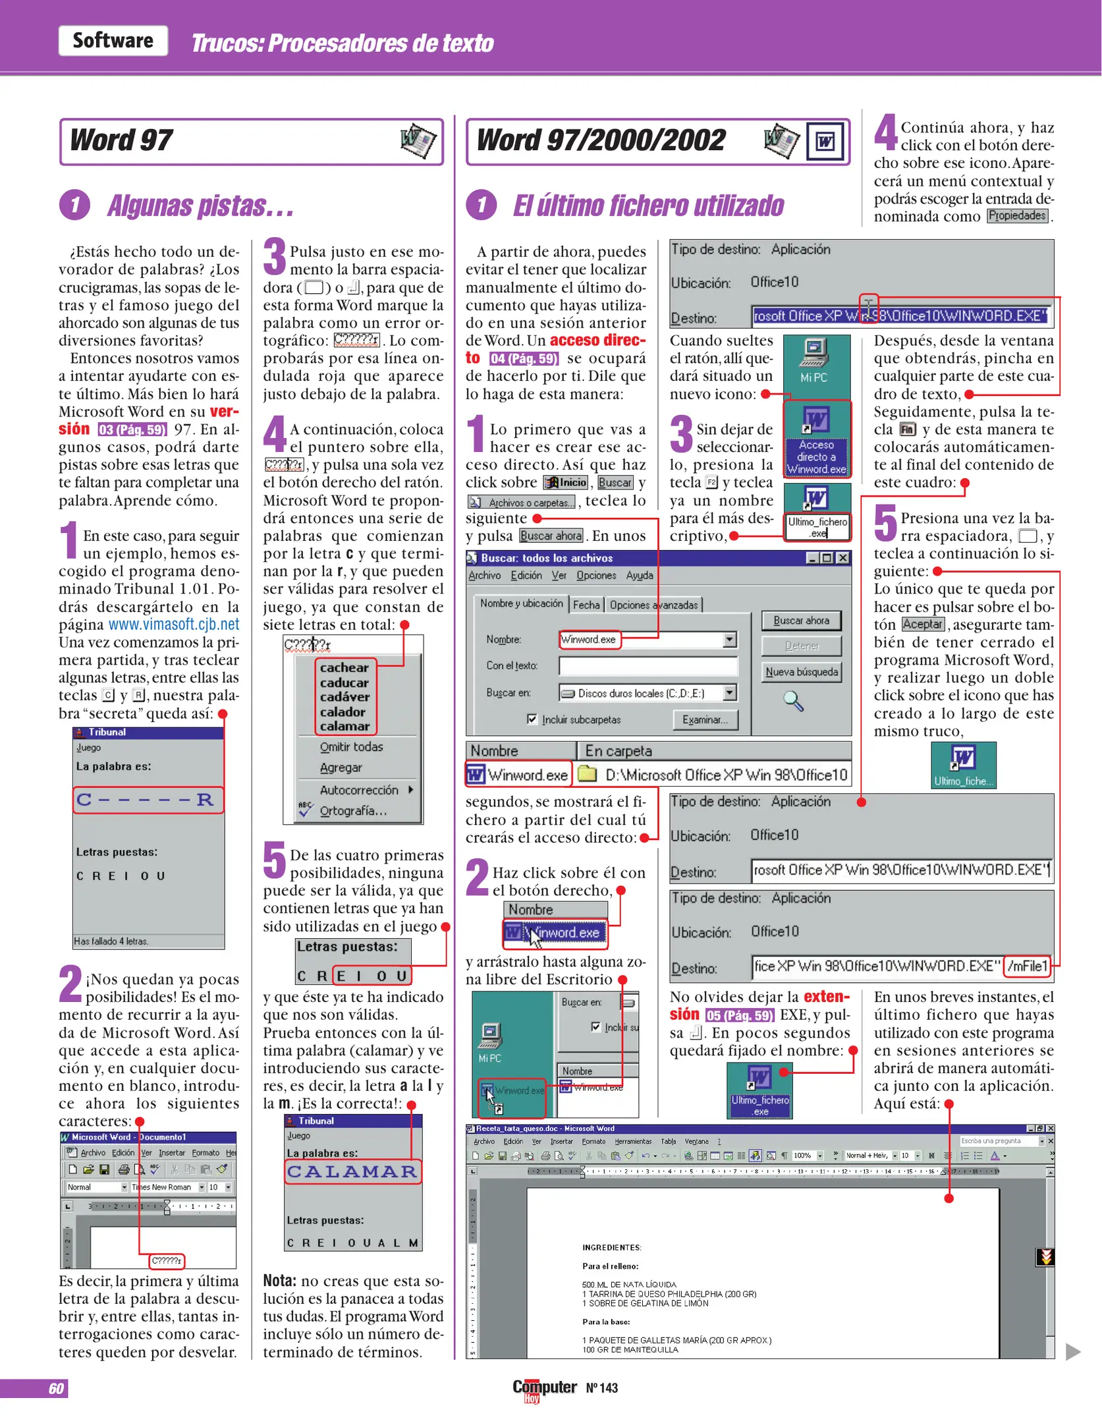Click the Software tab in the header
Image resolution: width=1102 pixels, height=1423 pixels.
click(113, 41)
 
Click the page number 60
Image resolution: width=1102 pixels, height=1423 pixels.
click(56, 1388)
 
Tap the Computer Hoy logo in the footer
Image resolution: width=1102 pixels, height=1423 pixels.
click(544, 1389)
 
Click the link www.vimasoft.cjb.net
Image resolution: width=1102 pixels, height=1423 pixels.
click(173, 625)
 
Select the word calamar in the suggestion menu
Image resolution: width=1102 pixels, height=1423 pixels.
click(344, 726)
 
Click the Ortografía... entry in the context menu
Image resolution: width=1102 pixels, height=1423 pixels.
click(352, 811)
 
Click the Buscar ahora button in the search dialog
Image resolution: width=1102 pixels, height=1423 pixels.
click(801, 621)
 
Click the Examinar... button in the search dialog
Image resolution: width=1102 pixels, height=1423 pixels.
click(705, 720)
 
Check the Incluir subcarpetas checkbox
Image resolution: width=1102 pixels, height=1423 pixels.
click(532, 719)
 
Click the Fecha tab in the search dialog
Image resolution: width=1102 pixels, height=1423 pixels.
click(586, 605)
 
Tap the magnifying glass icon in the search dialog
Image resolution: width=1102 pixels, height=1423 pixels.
click(793, 702)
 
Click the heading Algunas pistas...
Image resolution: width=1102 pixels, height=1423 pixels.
click(200, 206)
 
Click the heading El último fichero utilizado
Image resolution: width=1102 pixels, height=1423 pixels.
click(648, 206)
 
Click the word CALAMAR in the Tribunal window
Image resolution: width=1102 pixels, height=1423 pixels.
click(352, 1171)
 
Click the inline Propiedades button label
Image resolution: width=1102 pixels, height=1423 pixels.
click(1017, 216)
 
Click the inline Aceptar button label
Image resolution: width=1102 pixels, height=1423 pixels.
click(922, 625)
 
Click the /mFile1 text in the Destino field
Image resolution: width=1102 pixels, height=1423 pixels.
click(1027, 966)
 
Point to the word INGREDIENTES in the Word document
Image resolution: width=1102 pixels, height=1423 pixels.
click(611, 1248)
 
